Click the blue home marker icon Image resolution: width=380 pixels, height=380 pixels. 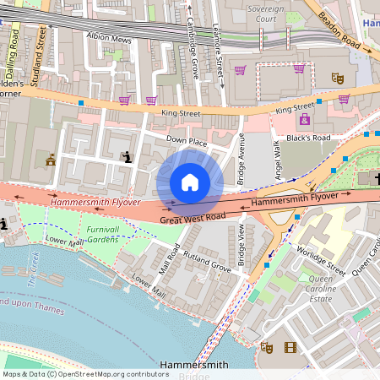pos(190,182)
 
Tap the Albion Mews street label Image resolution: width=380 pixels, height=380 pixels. pos(109,37)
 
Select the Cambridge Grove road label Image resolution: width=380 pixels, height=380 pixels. pos(193,46)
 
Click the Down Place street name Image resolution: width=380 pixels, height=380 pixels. pos(186,139)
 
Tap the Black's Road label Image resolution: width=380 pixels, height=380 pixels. pos(307,137)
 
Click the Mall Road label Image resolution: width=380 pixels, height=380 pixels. pos(169,261)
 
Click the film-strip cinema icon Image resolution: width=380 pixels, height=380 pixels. pos(290,347)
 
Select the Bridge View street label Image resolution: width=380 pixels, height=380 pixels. pos(242,245)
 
